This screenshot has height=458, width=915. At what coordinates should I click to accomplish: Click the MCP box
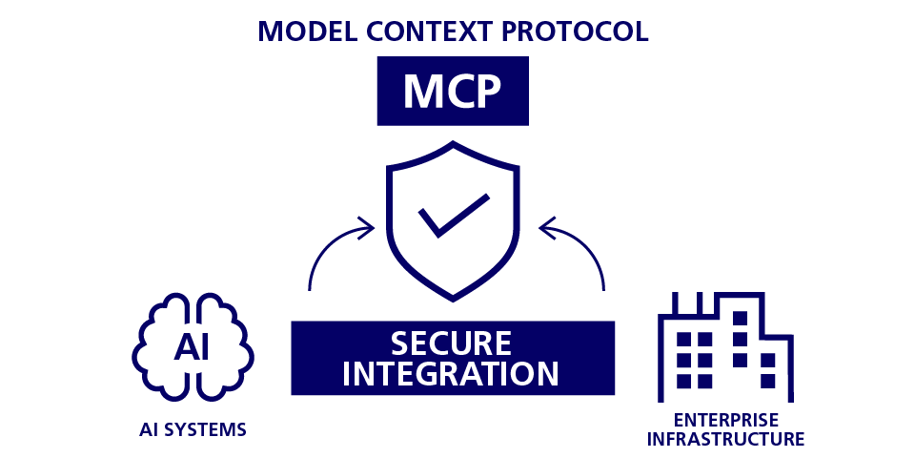click(x=453, y=91)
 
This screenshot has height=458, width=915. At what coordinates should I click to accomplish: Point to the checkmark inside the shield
click(x=453, y=216)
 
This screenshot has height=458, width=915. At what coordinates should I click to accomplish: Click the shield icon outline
click(x=388, y=219)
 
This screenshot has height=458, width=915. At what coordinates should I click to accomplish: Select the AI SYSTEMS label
click(x=192, y=429)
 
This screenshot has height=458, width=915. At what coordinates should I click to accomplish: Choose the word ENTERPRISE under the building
click(x=725, y=420)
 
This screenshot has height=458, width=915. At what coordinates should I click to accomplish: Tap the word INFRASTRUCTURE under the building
click(x=725, y=440)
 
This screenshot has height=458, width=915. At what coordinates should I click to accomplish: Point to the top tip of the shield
click(x=453, y=144)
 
